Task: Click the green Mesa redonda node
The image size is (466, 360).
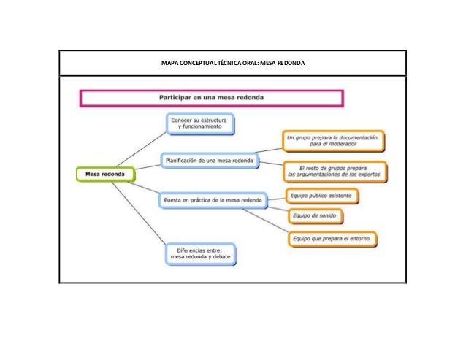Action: (105, 175)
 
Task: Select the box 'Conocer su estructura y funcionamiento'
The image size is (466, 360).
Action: (199, 123)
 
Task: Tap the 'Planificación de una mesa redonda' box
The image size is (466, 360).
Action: (208, 160)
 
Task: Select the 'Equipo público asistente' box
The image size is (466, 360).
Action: (321, 196)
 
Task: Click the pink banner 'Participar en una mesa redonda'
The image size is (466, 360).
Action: (212, 96)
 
